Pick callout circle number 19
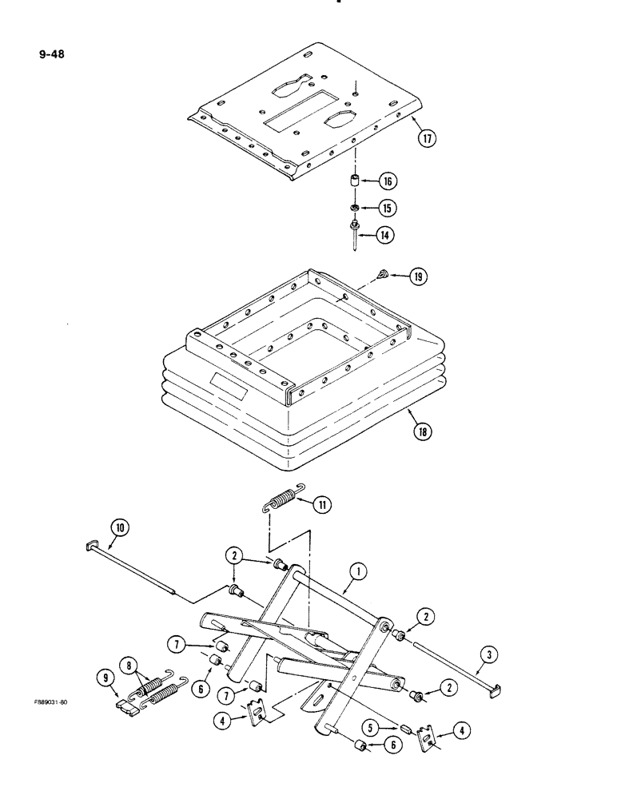(x=417, y=277)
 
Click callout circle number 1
(x=357, y=572)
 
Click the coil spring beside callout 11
(x=281, y=502)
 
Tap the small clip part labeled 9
(x=128, y=704)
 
